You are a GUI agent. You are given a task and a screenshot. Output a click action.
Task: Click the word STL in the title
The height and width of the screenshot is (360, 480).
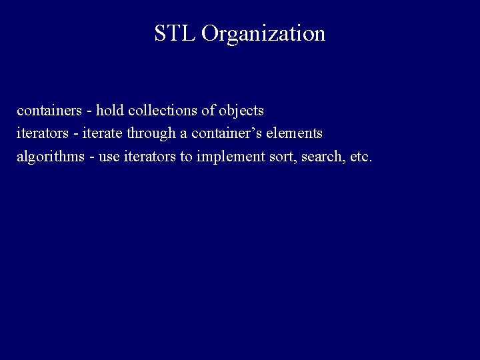click(x=175, y=33)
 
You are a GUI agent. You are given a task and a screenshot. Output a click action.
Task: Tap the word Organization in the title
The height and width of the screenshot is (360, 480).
click(x=263, y=33)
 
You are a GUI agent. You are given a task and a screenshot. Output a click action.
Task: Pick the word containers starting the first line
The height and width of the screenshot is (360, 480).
click(x=45, y=109)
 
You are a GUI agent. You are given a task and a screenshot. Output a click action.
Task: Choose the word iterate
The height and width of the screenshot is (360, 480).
click(x=106, y=133)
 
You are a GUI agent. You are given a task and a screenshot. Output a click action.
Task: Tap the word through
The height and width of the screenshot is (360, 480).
click(x=153, y=134)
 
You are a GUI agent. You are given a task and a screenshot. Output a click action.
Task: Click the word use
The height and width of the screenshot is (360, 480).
click(x=109, y=158)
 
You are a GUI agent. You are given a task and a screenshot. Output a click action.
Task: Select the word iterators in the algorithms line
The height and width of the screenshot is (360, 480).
click(x=151, y=157)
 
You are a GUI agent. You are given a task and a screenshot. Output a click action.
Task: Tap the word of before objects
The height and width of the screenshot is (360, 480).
click(x=207, y=109)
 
